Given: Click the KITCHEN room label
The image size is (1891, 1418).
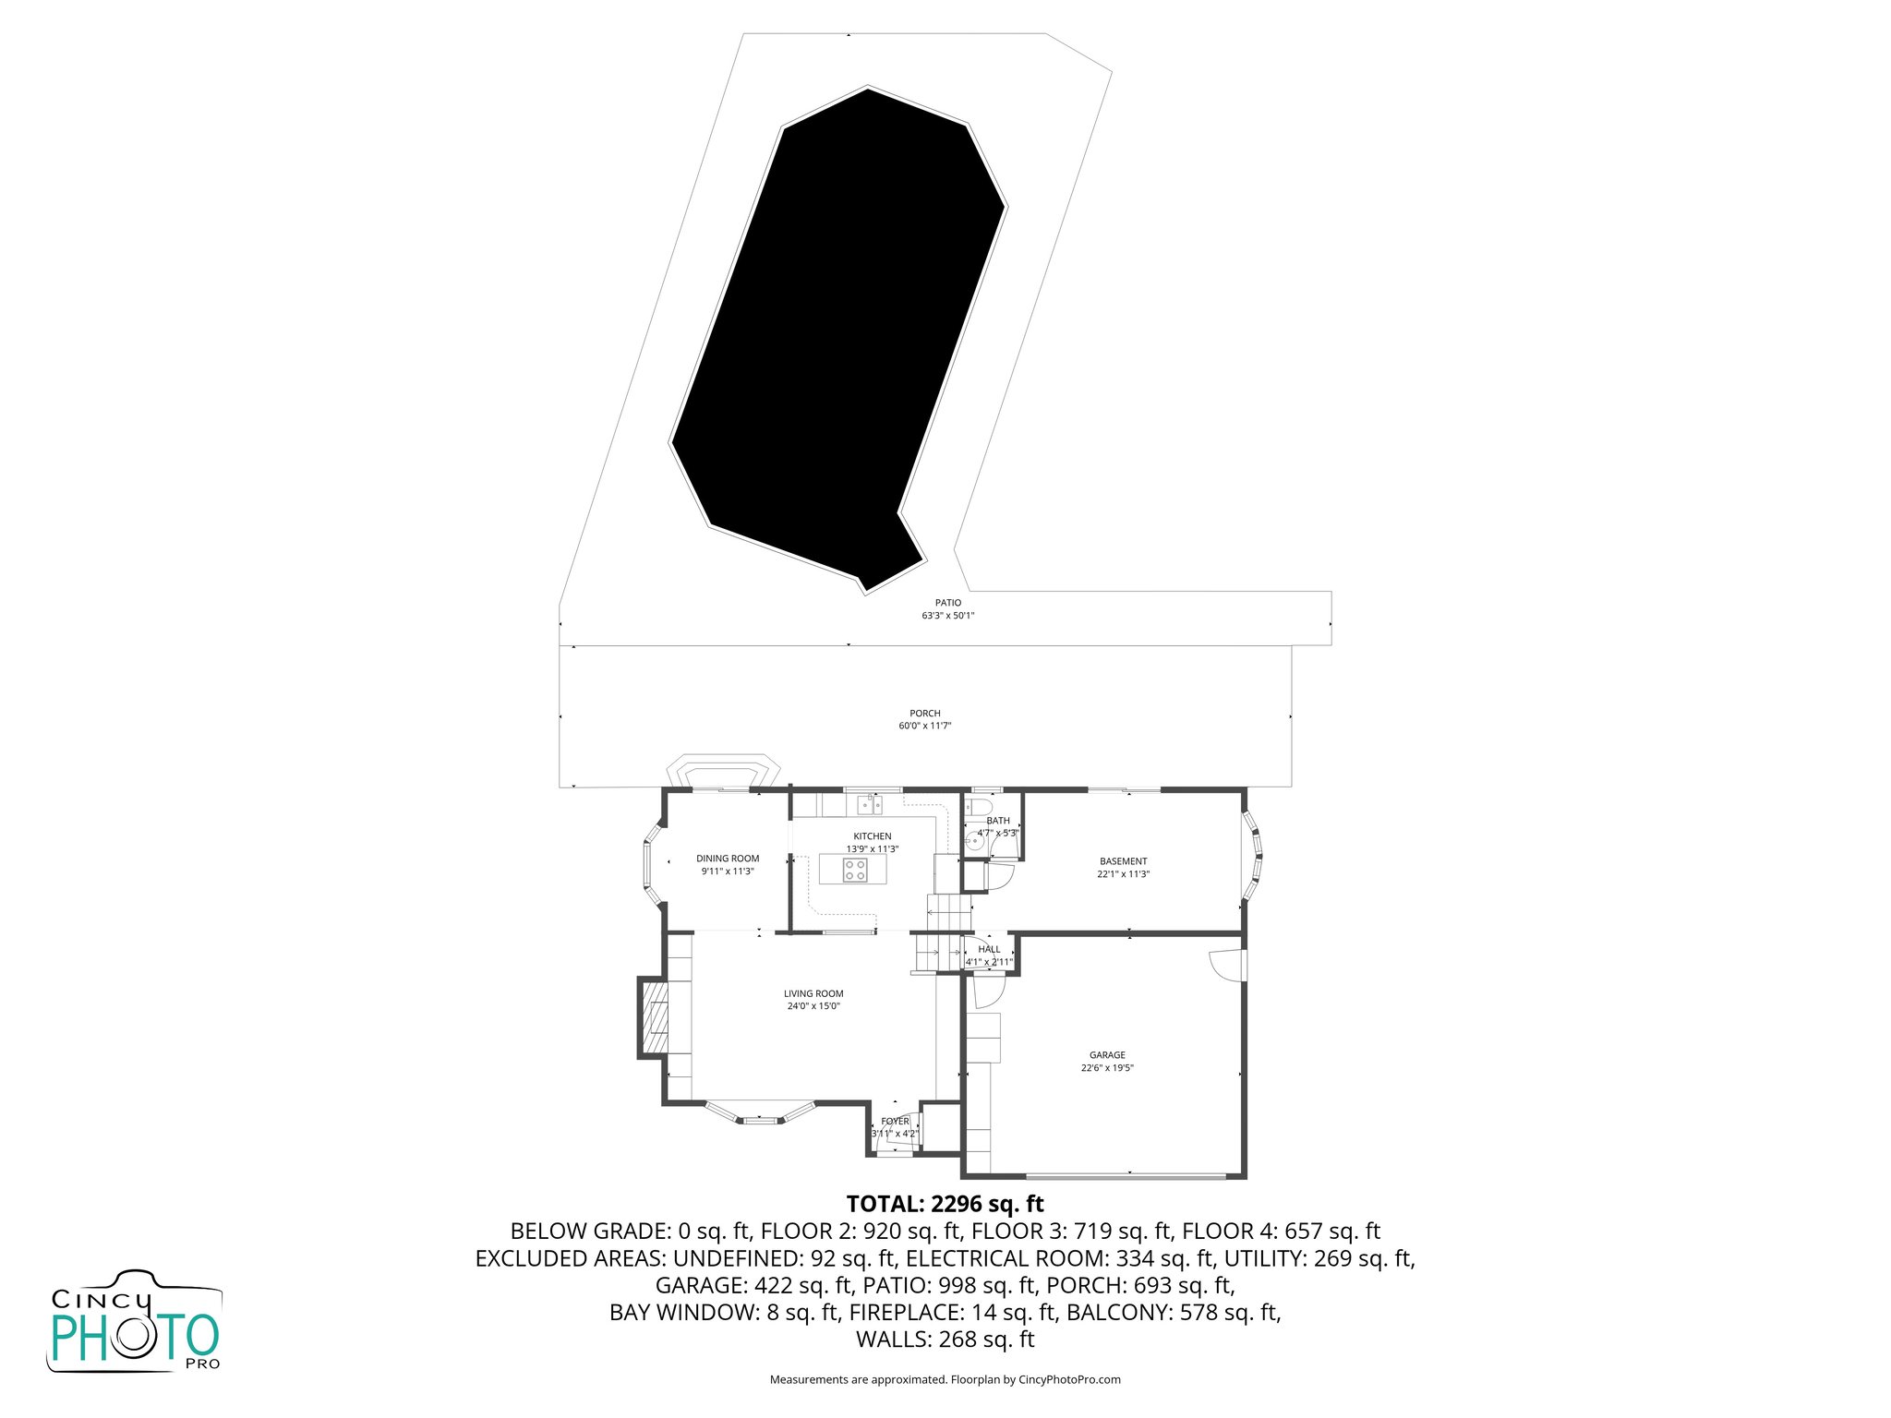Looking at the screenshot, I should coord(872,836).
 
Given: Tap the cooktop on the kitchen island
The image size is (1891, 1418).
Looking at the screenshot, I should coord(854,870).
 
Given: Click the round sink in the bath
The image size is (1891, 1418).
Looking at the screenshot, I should coord(972,841).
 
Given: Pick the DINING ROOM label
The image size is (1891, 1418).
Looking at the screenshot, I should coord(728,859).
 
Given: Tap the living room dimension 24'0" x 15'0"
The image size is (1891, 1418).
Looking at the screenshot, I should coord(813,1006).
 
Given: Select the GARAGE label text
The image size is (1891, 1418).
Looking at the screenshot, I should coord(1107,1055).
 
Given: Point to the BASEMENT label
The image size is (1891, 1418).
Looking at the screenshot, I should coord(1123,861).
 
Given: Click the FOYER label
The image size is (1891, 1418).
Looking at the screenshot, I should coord(895,1122).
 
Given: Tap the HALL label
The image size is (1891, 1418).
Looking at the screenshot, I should coord(989,949).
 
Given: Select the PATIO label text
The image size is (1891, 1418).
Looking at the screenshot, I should coord(947,603).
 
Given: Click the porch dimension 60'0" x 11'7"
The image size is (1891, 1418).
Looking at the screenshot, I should coord(924,726).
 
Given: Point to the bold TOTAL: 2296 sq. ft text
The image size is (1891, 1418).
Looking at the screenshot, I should coord(945,1204).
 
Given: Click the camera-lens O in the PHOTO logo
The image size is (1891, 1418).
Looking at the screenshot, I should coord(149,1336).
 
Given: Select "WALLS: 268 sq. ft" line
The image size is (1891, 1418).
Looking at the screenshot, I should coord(945,1339).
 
